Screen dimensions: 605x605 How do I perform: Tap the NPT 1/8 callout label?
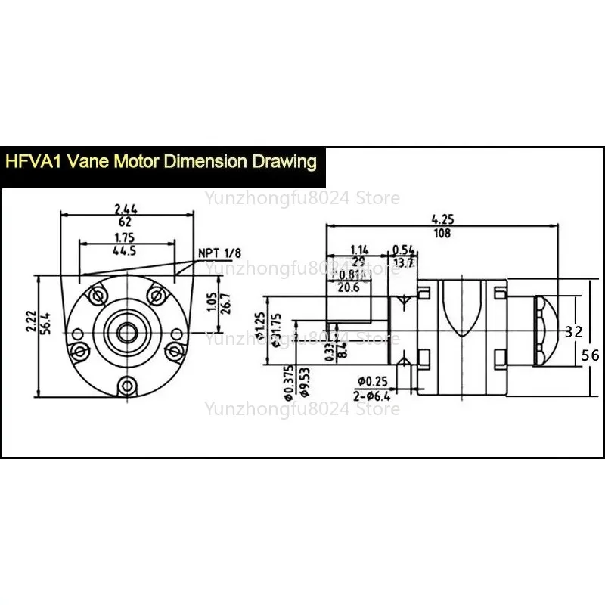point(217,253)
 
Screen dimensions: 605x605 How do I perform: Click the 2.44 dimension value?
point(126,208)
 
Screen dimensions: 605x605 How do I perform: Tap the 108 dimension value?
point(443,234)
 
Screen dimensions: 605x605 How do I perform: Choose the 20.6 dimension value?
point(349,287)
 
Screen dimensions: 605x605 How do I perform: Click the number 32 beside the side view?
point(574,330)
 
